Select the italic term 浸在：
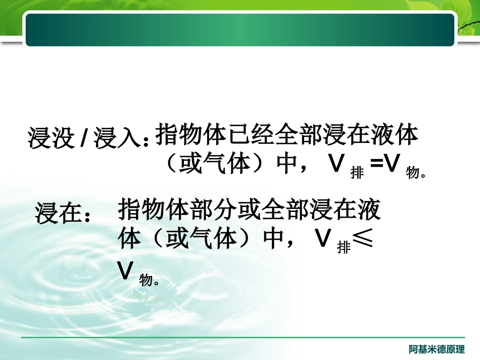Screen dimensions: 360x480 click(63, 213)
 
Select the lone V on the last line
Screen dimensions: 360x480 click(125, 271)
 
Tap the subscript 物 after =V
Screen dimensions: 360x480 click(413, 173)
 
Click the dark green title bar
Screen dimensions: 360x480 click(240, 29)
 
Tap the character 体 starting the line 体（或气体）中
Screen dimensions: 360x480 click(129, 238)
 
